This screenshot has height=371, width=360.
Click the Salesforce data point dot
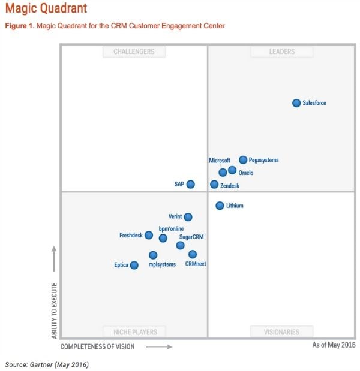tap(296, 103)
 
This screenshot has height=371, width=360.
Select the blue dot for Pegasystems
tap(243, 160)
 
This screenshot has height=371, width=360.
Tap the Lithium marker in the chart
tap(220, 206)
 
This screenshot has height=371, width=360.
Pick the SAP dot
tap(190, 185)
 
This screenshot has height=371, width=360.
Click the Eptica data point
tap(134, 265)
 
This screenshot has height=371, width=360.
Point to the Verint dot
tap(188, 217)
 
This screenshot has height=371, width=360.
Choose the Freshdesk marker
tap(149, 235)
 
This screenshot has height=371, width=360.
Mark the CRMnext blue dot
tap(193, 254)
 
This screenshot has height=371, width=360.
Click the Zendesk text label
tap(230, 186)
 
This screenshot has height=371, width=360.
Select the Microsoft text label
tap(220, 161)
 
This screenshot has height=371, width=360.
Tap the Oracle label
tap(246, 173)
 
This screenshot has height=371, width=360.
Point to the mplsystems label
tap(162, 264)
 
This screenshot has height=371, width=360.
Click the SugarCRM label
tap(191, 237)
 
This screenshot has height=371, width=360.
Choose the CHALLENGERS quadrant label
tap(134, 52)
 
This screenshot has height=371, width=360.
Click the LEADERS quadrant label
tap(281, 52)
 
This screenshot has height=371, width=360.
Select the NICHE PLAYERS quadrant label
tap(135, 331)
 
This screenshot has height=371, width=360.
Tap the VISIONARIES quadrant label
tap(282, 331)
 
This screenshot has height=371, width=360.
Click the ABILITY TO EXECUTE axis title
tap(55, 311)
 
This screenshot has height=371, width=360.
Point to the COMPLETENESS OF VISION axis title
tap(97, 346)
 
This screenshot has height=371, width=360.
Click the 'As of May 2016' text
tap(334, 345)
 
